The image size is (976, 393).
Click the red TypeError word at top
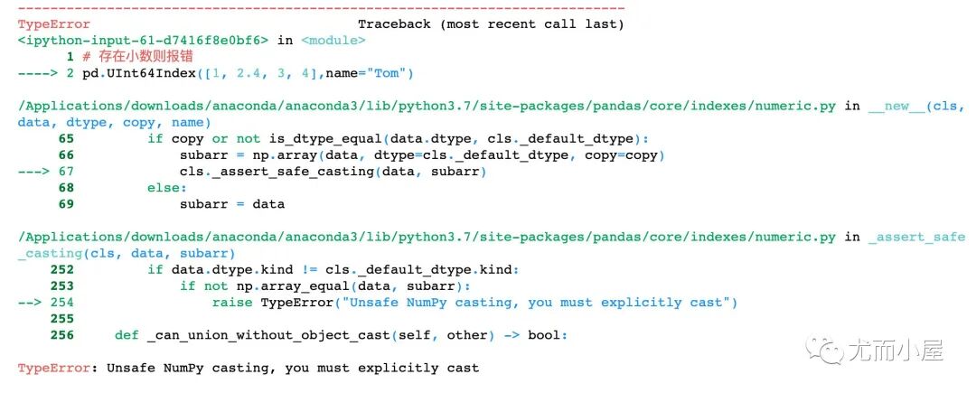[54, 24]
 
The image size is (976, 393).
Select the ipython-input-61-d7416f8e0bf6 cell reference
[145, 41]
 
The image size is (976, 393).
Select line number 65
[66, 138]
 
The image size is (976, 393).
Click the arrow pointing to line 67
[36, 171]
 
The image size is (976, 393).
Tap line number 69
[66, 203]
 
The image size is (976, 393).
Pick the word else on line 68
[166, 187]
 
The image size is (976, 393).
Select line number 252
[62, 269]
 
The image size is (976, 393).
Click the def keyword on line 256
[127, 334]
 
